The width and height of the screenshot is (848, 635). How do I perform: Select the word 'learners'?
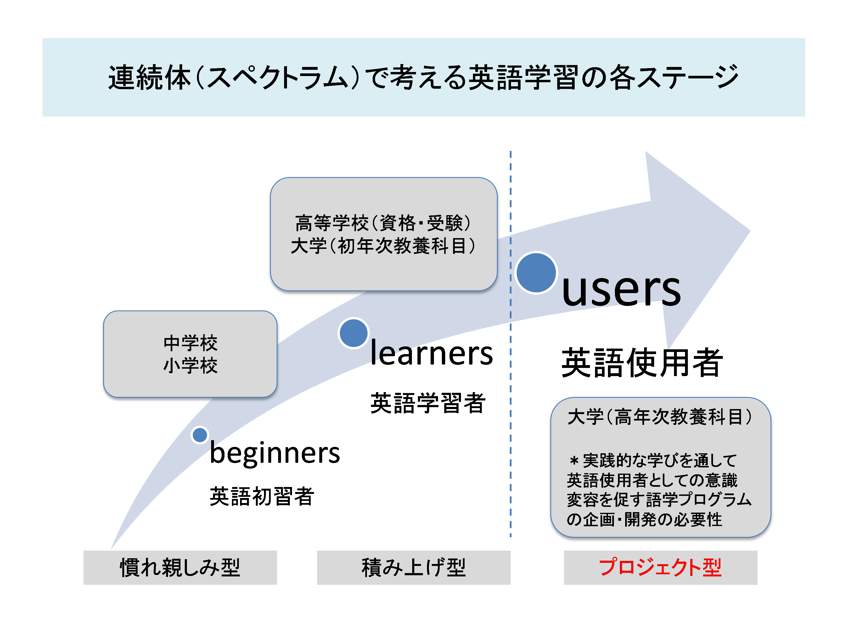431,353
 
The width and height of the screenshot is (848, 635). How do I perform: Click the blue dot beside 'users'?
536,273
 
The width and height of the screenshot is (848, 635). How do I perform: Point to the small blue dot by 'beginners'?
200,435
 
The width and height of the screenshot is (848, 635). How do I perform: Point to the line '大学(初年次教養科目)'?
383,246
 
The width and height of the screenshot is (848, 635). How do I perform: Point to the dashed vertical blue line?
510,383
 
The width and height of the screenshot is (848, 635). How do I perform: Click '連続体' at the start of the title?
150,78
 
